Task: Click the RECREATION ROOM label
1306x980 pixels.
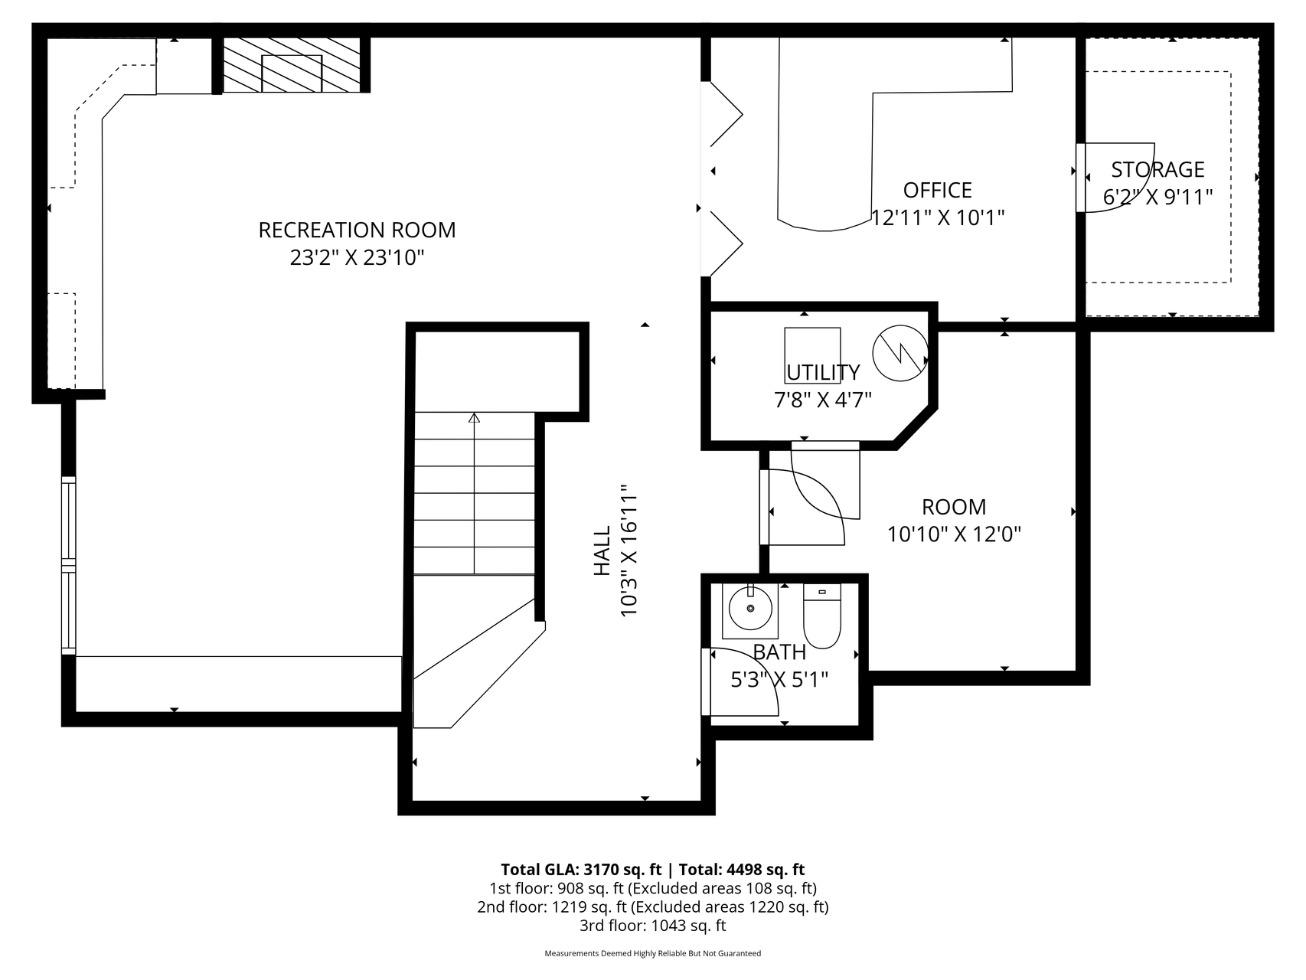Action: tap(357, 230)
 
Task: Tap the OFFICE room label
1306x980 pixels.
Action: tap(938, 190)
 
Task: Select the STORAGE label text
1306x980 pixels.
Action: tap(1157, 169)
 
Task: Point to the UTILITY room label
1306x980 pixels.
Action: tap(823, 372)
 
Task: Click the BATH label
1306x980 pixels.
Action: tap(779, 652)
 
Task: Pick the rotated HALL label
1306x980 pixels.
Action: tap(602, 550)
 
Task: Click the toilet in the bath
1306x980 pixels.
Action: tap(821, 616)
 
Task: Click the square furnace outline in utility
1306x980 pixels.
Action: tap(812, 355)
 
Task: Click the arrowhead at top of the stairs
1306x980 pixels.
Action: tap(474, 418)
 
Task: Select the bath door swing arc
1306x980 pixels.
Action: tap(754, 670)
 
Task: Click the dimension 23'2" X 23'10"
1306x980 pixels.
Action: tap(357, 258)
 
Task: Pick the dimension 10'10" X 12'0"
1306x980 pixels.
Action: tap(954, 534)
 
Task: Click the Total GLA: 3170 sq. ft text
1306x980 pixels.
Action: tap(581, 869)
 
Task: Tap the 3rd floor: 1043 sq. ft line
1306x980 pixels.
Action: tap(653, 926)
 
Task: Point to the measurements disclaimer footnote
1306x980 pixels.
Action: tap(653, 954)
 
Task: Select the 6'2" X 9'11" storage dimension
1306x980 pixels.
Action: tap(1157, 198)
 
